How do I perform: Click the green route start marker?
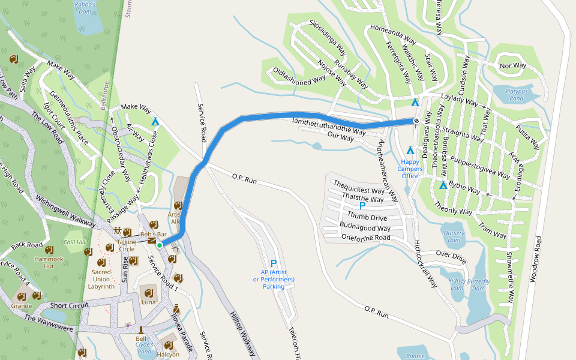pyautogui.click(x=160, y=245)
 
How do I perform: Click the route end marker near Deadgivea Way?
pyautogui.click(x=416, y=121)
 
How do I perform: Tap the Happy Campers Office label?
pyautogui.click(x=411, y=169)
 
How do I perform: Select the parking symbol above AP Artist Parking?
pyautogui.click(x=274, y=263)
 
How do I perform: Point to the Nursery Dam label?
pyautogui.click(x=454, y=232)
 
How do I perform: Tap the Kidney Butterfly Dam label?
pyautogui.click(x=469, y=284)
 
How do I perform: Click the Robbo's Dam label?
pyautogui.click(x=85, y=7)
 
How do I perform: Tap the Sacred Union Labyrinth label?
pyautogui.click(x=102, y=279)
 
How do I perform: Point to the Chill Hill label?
pyautogui.click(x=75, y=242)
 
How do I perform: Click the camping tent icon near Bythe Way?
pyautogui.click(x=443, y=185)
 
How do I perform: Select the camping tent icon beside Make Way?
pyautogui.click(x=155, y=122)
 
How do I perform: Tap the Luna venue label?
pyautogui.click(x=148, y=302)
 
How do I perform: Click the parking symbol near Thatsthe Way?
pyautogui.click(x=362, y=206)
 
